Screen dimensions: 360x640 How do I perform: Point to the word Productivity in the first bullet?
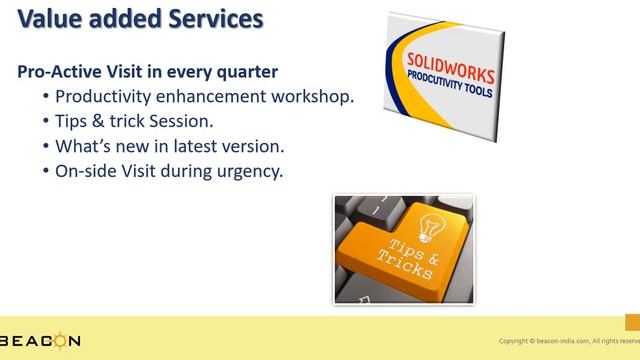(x=102, y=97)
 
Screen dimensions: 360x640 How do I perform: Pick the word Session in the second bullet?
(x=181, y=121)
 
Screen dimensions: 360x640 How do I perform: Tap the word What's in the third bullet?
(x=82, y=146)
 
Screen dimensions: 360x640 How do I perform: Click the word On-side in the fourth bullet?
(x=86, y=171)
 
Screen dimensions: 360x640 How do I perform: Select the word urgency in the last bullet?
(x=251, y=171)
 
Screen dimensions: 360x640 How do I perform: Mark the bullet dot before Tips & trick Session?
(x=47, y=122)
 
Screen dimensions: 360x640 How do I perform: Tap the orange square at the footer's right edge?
(x=632, y=321)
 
